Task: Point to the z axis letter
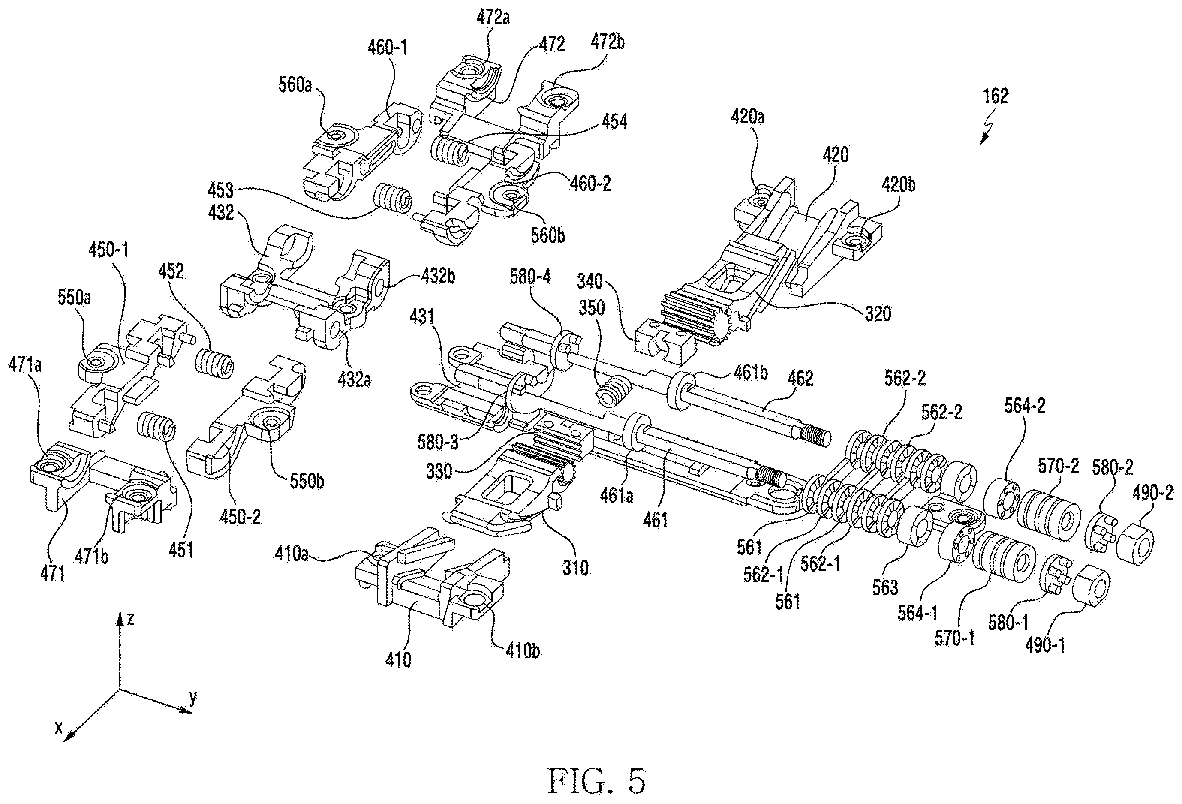tap(130, 619)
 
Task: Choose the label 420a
tap(748, 117)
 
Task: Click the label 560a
tap(295, 85)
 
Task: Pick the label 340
tap(589, 281)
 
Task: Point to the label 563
tap(885, 587)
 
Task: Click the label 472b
tap(608, 42)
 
